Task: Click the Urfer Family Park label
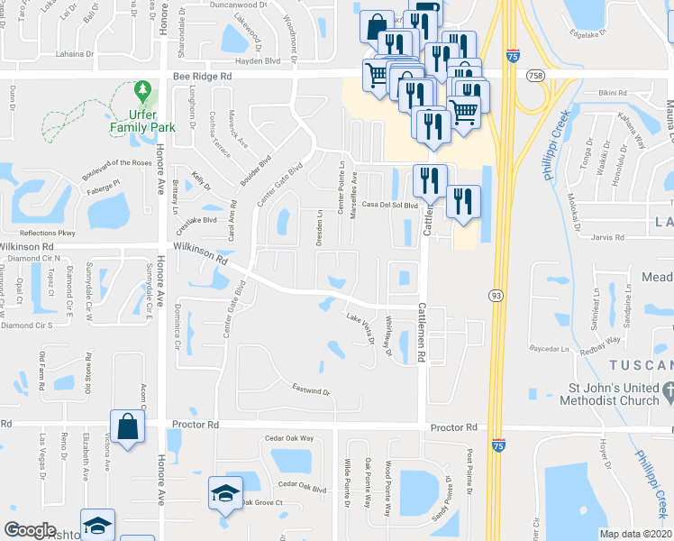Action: tap(141, 122)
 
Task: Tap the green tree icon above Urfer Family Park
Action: tap(141, 92)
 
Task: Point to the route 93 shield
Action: tap(496, 295)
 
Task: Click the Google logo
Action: tap(30, 530)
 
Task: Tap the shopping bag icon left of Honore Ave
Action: tap(127, 426)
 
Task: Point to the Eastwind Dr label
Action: tap(312, 392)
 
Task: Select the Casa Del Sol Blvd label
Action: tap(391, 205)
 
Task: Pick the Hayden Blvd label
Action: tap(258, 61)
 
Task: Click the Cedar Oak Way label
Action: tap(289, 438)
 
